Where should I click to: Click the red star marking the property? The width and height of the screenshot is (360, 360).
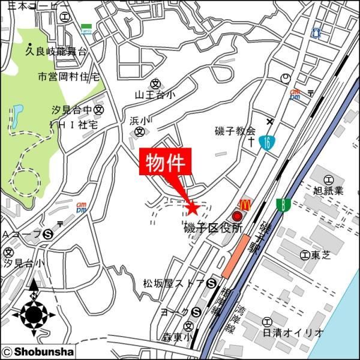click(x=192, y=208)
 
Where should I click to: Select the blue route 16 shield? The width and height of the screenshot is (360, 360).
click(x=264, y=143)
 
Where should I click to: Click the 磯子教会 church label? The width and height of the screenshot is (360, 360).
click(x=235, y=131)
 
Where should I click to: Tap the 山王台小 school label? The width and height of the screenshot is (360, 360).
click(x=155, y=94)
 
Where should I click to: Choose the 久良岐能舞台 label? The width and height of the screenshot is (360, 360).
click(x=56, y=52)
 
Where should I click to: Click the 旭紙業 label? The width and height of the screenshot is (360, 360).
click(x=328, y=191)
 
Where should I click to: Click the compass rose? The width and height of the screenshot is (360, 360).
click(x=34, y=313)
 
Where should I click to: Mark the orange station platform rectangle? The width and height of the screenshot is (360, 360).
click(x=236, y=256)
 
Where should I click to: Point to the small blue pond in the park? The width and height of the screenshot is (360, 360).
click(x=17, y=112)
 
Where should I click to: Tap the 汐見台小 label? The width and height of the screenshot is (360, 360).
click(x=24, y=263)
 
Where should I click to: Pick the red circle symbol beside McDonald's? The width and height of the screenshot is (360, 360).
click(x=237, y=217)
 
